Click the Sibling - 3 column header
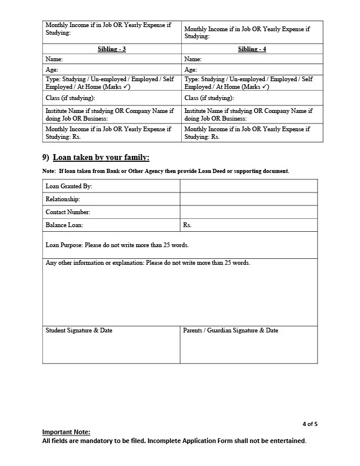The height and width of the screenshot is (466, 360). coord(112,49)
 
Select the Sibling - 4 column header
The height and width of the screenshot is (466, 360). coord(252,49)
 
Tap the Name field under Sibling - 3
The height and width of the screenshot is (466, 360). coord(112,59)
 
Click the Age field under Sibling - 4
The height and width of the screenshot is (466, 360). coord(252,69)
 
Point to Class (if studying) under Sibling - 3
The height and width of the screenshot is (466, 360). coord(71,98)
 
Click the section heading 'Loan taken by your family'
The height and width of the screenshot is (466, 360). coord(101,157)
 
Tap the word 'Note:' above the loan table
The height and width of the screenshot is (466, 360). coord(49,171)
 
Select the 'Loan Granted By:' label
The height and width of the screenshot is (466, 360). coord(69,187)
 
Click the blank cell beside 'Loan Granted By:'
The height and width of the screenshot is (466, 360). coord(248,187)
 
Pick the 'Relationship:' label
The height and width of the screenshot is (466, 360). coord(63,199)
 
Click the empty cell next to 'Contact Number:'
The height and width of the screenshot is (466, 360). coord(248,212)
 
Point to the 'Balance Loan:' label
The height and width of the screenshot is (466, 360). coord(65,225)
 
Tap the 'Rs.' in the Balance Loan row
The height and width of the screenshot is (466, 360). coord(187,225)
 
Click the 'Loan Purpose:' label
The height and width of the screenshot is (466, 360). coord(65,245)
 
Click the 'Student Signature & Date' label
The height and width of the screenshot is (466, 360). coord(79,331)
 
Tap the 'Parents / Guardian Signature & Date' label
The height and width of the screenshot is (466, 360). coord(231,331)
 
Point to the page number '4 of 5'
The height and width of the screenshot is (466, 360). coord(310,424)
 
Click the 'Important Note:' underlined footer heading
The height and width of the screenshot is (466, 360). coord(66,432)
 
